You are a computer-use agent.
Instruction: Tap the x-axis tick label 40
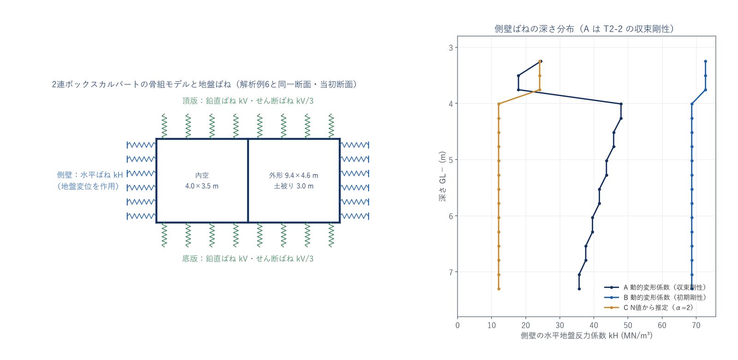tap(594, 326)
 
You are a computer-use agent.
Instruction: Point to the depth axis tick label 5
tap(451, 160)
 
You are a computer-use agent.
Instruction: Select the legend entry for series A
tap(655, 288)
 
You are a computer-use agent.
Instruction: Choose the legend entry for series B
tap(655, 297)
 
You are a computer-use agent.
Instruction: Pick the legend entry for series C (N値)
tap(649, 307)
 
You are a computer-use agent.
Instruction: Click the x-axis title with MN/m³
tap(586, 336)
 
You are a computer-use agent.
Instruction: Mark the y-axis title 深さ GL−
tap(442, 176)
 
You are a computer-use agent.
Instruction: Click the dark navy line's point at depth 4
tap(621, 104)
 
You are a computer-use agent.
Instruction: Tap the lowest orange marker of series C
tap(499, 289)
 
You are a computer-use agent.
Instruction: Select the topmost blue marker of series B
tap(705, 61)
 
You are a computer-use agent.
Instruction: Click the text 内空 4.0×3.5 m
tap(202, 180)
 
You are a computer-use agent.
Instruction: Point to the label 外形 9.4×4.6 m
tap(293, 175)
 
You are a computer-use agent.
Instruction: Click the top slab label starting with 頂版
tap(248, 101)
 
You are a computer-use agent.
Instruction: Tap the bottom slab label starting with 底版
tap(248, 259)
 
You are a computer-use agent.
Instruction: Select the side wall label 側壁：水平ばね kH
tap(89, 175)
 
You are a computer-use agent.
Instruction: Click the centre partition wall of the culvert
tap(248, 180)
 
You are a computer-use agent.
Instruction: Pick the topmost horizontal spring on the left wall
tap(141, 145)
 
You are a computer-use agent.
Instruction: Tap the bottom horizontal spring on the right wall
tap(355, 216)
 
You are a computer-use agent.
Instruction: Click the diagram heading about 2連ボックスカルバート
tap(204, 85)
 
